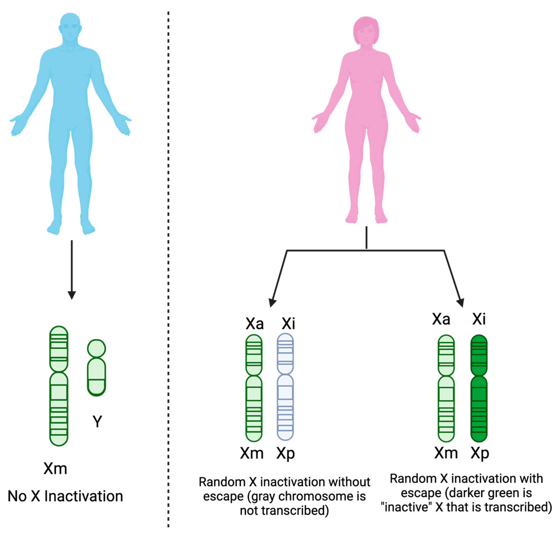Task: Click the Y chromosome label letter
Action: [97, 422]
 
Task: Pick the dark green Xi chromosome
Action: [479, 388]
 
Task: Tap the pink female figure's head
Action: [366, 31]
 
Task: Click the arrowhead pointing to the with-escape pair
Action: [460, 303]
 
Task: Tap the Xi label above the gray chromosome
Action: [288, 323]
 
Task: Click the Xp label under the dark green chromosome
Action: [480, 454]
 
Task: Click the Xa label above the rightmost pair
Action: [441, 319]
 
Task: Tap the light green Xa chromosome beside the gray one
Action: [254, 388]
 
